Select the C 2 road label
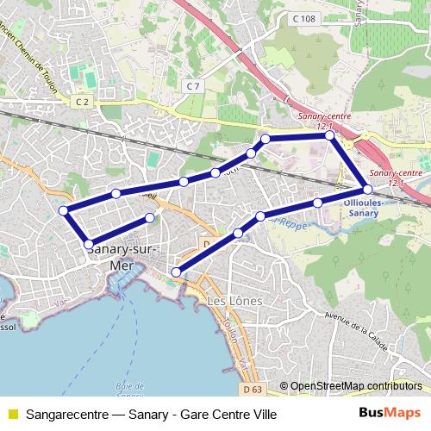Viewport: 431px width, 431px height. point(82,102)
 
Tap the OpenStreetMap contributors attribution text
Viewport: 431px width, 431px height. point(356,386)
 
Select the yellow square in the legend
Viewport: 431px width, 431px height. point(12,415)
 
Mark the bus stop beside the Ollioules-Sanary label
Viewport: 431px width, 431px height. point(367,189)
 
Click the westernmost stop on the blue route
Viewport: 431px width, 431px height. point(63,210)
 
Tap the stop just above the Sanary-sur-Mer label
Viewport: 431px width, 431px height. point(89,244)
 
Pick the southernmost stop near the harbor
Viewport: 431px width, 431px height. point(176,272)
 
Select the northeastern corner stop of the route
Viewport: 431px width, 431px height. point(329,135)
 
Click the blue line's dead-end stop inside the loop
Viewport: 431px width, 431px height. point(150,218)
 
